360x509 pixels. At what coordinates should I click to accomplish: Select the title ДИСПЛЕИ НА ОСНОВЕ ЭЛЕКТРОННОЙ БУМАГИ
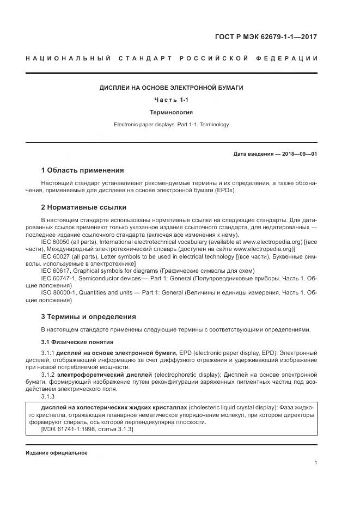pyautogui.click(x=171, y=87)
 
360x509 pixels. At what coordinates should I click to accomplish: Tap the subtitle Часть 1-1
pyautogui.click(x=171, y=100)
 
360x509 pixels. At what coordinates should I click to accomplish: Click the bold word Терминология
pyautogui.click(x=171, y=112)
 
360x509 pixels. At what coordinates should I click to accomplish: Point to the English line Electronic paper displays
pyautogui.click(x=171, y=125)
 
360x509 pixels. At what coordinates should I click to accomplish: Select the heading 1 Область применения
pyautogui.click(x=82, y=170)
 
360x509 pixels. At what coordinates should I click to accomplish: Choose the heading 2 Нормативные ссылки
pyautogui.click(x=83, y=207)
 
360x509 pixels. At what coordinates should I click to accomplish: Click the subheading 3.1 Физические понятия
pyautogui.click(x=77, y=342)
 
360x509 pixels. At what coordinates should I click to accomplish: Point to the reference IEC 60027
pyautogui.click(x=59, y=255)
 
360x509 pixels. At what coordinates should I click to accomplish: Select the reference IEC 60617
pyautogui.click(x=59, y=271)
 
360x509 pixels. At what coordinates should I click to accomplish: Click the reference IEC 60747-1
pyautogui.click(x=62, y=278)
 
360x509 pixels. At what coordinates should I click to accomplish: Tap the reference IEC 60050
pyautogui.click(x=59, y=240)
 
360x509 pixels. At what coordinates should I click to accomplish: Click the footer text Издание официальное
pyautogui.click(x=57, y=453)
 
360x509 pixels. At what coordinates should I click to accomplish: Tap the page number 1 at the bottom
pyautogui.click(x=315, y=463)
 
